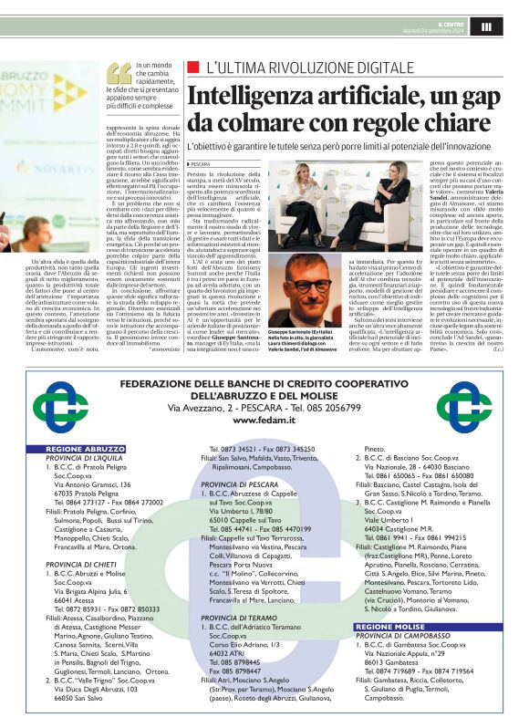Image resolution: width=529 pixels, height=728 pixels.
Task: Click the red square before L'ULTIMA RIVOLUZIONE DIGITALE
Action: coord(192,68)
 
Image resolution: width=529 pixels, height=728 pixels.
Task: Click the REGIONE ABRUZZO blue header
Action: coord(86,450)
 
